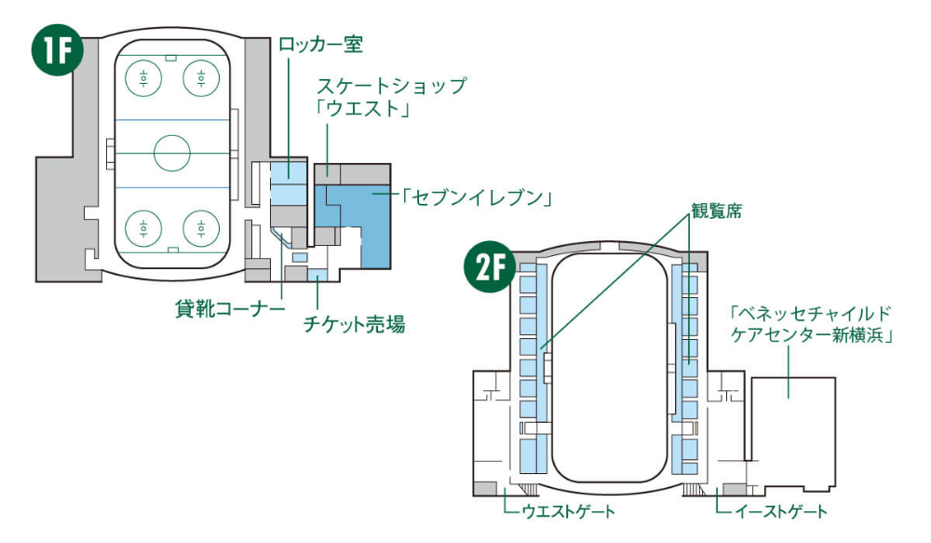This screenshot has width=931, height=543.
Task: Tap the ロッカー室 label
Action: [319, 44]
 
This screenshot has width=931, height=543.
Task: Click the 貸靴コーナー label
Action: [229, 308]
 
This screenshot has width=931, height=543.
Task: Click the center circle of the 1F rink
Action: [171, 152]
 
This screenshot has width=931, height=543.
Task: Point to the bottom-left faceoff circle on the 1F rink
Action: [145, 225]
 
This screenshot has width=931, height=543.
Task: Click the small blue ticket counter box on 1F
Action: [317, 274]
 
